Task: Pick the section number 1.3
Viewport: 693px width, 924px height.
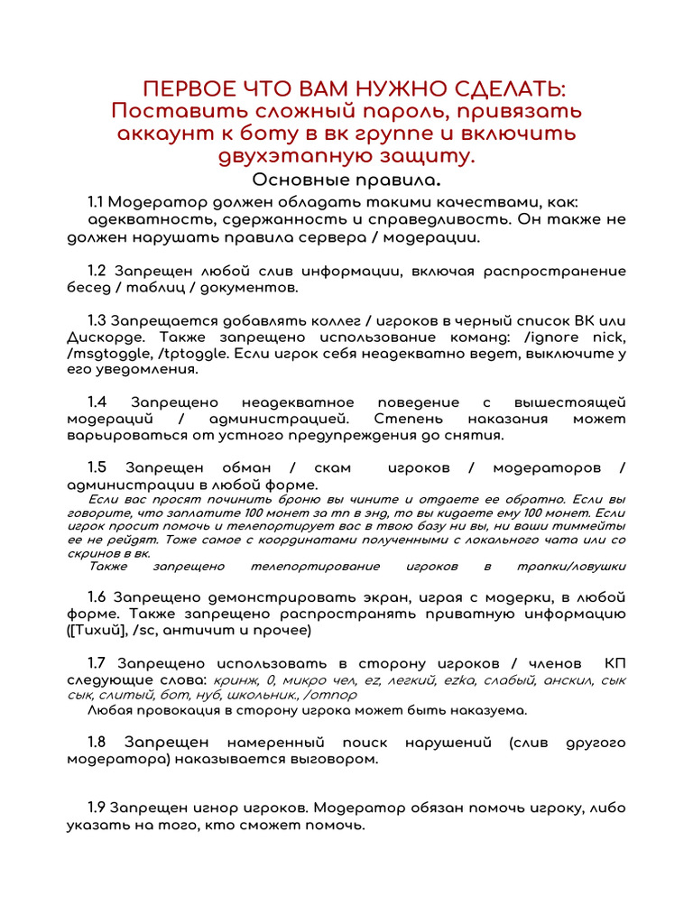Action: tap(97, 321)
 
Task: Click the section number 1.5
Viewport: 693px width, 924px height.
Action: tap(97, 467)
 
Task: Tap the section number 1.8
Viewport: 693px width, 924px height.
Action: tap(97, 742)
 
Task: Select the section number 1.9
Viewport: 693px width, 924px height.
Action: tap(97, 808)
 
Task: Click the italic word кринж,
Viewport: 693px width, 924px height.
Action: tap(236, 679)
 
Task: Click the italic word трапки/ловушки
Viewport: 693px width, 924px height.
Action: tap(571, 567)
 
